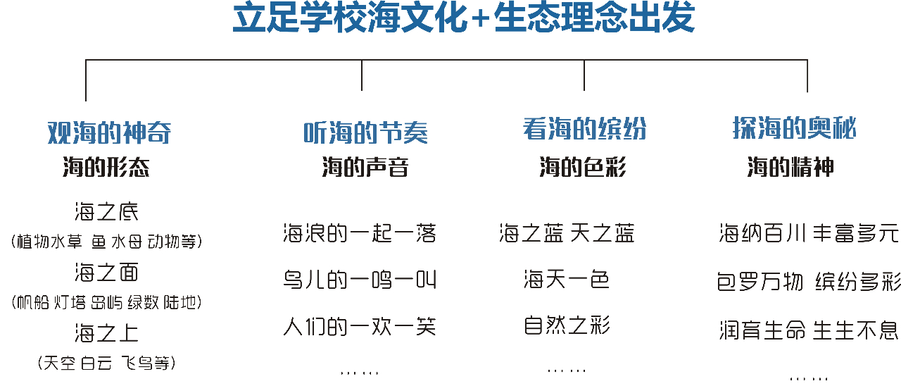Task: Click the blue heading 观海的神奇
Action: click(x=109, y=132)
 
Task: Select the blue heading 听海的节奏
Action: click(x=365, y=133)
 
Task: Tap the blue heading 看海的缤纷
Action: click(x=584, y=129)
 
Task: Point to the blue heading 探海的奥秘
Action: click(x=795, y=128)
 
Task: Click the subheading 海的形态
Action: click(x=106, y=167)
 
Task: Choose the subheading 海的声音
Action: click(x=365, y=167)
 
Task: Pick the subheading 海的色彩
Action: click(x=583, y=167)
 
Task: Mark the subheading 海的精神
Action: click(x=790, y=167)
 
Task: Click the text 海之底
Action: click(x=106, y=212)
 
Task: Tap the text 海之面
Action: click(x=106, y=273)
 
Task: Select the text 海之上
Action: click(x=106, y=333)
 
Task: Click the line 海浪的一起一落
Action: click(x=360, y=233)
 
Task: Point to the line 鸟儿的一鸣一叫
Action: click(x=360, y=280)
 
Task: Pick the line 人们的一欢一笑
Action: click(x=360, y=326)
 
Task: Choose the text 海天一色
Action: click(x=567, y=280)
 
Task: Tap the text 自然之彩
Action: click(x=567, y=325)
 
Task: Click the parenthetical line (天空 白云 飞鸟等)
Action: click(x=106, y=363)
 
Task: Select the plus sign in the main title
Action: click(x=480, y=19)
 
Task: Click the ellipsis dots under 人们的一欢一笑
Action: click(x=359, y=373)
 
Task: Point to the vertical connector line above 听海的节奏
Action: click(x=362, y=75)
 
